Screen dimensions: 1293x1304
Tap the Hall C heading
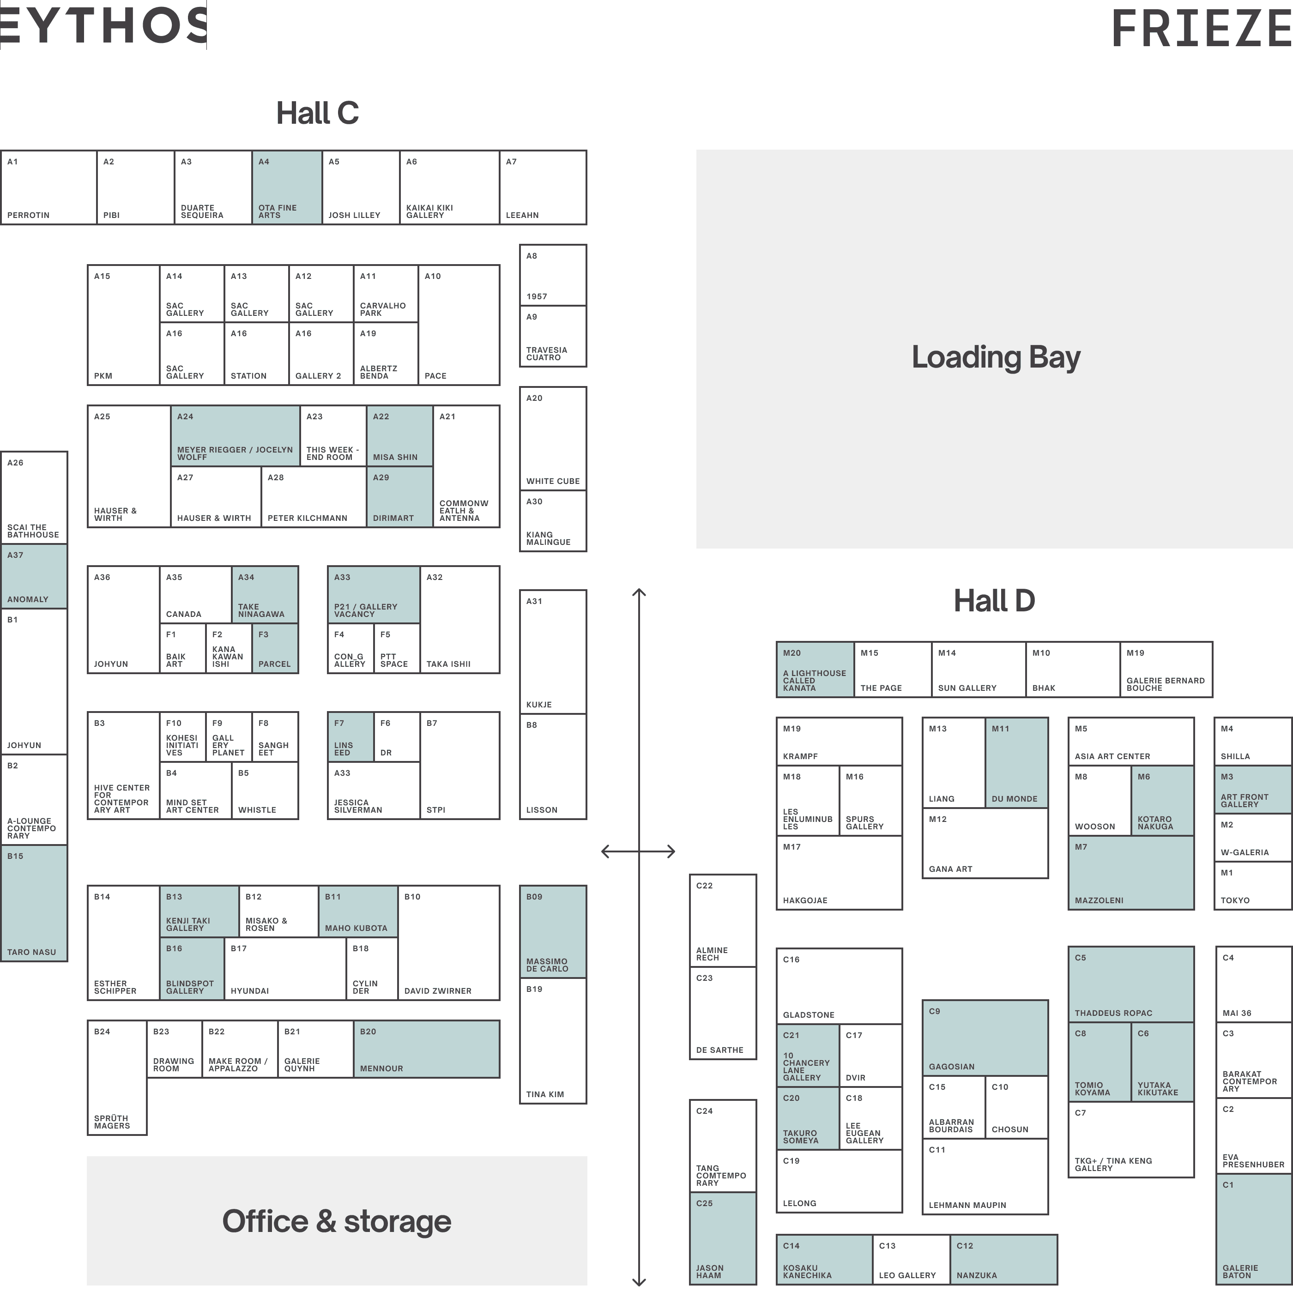(317, 113)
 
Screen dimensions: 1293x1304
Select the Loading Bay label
(996, 357)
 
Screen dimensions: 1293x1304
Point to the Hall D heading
(994, 601)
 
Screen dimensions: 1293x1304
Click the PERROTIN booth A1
(48, 187)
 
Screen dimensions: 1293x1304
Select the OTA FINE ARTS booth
(287, 187)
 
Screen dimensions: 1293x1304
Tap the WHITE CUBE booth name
(553, 481)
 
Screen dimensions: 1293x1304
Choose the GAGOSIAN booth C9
(985, 1038)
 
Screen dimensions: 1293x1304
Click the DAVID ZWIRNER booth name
(437, 991)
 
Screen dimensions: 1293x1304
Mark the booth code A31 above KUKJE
(534, 601)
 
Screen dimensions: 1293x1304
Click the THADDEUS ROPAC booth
(1130, 984)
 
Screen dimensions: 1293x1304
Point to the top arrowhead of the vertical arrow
(638, 592)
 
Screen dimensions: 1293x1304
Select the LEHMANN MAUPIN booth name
(967, 1205)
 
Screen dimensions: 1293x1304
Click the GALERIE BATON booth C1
(1253, 1228)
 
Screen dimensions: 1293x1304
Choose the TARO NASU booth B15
(34, 902)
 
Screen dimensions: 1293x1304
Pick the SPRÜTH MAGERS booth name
(112, 1122)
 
